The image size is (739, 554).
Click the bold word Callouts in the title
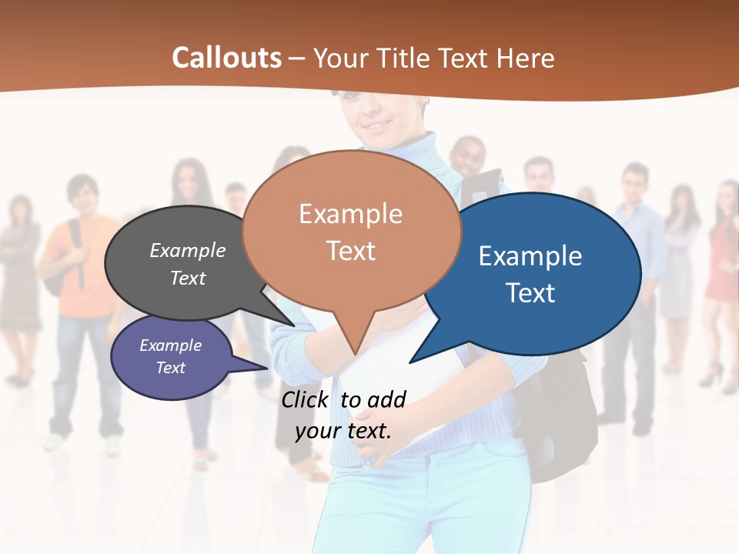(226, 58)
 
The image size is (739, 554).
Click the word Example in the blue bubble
(530, 256)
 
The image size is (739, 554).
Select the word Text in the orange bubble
(351, 251)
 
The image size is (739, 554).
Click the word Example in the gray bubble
(187, 250)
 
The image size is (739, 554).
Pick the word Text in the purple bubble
(170, 368)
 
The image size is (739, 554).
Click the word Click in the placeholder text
(305, 399)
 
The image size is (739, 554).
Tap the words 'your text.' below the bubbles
(343, 430)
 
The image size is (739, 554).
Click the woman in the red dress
(724, 262)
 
